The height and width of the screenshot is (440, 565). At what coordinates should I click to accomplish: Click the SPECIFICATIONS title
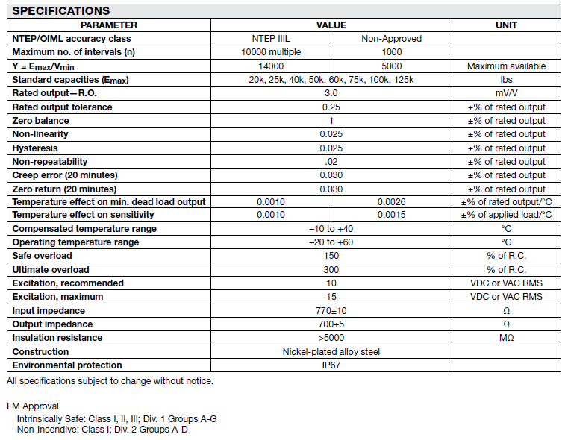pos(61,11)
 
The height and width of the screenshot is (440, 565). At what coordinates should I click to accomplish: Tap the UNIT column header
pos(506,25)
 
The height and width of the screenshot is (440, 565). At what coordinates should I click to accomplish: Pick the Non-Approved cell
pos(391,39)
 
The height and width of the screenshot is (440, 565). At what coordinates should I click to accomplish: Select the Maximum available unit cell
pos(506,66)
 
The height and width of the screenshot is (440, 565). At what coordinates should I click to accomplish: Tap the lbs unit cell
pos(506,80)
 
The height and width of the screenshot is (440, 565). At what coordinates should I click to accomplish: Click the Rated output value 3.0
pos(331,93)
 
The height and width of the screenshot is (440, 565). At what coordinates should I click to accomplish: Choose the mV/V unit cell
pos(506,93)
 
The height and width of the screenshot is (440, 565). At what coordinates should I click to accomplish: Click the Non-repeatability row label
pos(50,161)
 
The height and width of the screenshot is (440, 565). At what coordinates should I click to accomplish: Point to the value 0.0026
pos(391,202)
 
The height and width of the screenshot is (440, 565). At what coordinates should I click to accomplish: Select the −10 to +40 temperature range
pos(331,229)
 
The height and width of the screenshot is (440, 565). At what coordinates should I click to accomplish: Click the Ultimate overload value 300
pos(331,270)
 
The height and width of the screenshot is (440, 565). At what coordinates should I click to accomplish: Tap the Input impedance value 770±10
pos(331,310)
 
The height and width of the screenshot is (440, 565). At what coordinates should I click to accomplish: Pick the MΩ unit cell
pos(506,338)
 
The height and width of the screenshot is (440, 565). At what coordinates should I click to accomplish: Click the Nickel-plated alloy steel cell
pos(331,351)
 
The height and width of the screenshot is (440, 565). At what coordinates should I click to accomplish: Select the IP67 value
pos(331,365)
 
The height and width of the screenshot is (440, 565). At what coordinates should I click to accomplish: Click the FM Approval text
pos(32,406)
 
